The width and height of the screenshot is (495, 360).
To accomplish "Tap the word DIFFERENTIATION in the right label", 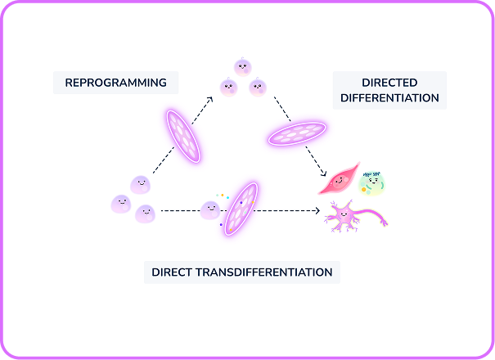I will coord(389,98).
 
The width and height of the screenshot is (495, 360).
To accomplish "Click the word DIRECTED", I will coord(389,83).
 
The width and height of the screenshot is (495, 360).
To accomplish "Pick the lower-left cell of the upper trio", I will coord(228,85).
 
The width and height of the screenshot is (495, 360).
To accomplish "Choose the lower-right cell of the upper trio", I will coord(258,85).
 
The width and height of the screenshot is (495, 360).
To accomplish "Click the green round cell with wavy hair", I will coord(372,183).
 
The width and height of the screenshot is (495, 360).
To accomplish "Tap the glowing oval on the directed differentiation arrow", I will coord(298,133).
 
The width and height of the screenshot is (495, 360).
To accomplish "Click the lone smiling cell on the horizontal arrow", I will coord(211,210).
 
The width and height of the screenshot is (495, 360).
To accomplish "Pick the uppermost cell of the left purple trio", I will coord(140,185).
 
